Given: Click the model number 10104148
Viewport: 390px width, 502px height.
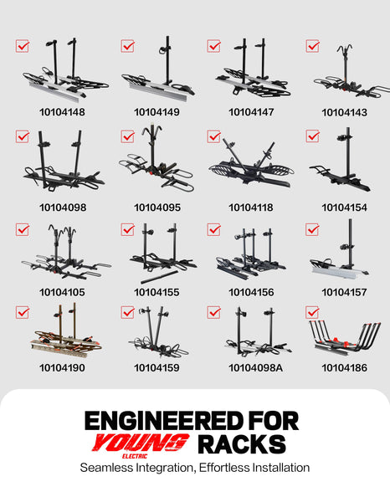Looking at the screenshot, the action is pos(62,112).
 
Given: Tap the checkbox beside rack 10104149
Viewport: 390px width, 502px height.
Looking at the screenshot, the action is pos(127,46).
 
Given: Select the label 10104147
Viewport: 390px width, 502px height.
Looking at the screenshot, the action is pos(251,112).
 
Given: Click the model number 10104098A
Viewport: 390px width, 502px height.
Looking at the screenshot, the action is pos(255,368).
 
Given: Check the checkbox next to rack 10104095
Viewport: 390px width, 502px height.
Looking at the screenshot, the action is pos(127,136).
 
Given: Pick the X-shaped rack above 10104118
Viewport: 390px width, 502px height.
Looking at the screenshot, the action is pos(251,163).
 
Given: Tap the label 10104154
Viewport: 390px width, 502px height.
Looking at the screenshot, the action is pos(344,207).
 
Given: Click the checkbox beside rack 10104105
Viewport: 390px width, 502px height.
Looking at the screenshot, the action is pos(23,230).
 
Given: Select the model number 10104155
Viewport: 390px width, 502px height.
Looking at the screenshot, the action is pos(157,292).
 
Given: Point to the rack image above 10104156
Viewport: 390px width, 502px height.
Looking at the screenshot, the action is pos(251,254).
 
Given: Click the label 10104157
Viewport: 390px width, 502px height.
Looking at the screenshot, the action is pos(344,292).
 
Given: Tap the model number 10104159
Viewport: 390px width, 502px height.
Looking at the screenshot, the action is pos(157,368).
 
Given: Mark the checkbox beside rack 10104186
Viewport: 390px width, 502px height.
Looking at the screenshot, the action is pos(312,313).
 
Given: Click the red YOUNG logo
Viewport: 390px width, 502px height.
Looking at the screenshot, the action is pos(140,443).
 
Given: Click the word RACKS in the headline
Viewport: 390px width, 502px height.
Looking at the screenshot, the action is pos(242,444).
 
